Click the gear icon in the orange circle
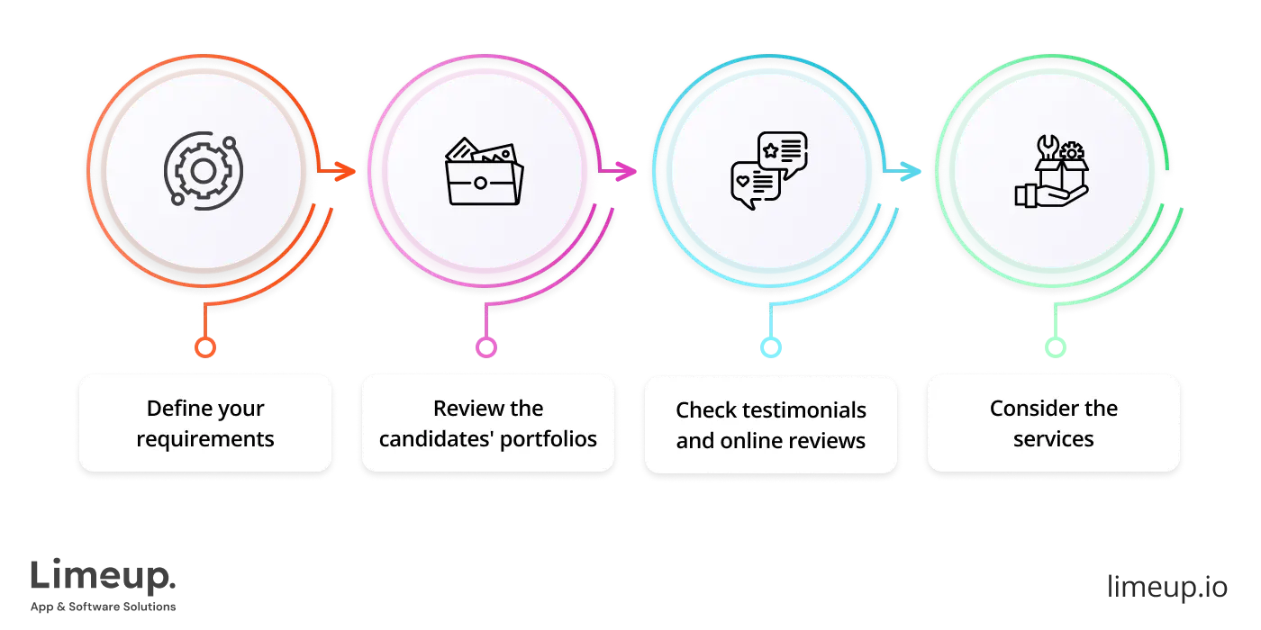202,171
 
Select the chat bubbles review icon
768,171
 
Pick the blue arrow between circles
906,171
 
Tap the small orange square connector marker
205,346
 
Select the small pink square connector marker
486,346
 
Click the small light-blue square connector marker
771,346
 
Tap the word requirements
205,439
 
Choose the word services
1053,439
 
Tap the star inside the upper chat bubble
771,150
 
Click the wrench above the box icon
1048,146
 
